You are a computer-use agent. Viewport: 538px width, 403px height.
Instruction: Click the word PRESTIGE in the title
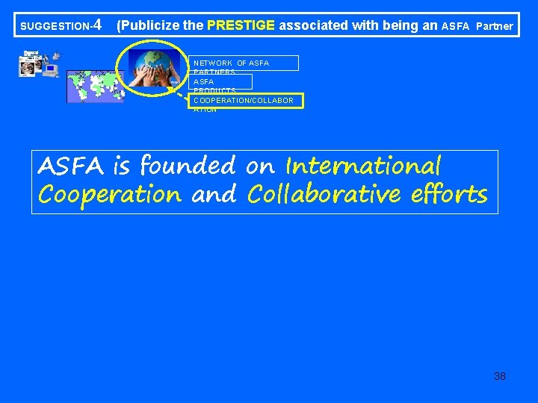[x=241, y=25]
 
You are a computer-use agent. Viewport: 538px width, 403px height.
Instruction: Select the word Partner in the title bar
[x=494, y=26]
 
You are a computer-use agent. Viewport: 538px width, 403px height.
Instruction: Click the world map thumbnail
[x=95, y=86]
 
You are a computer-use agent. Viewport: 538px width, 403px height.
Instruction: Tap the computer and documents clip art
[x=40, y=65]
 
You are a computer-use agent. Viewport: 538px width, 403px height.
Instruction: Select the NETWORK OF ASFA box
[x=243, y=63]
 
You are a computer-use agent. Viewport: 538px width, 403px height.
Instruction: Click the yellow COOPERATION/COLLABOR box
[x=246, y=100]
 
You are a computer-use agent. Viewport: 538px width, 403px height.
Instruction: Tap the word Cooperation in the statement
[x=109, y=195]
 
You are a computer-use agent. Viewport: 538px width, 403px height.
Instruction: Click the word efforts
[x=448, y=195]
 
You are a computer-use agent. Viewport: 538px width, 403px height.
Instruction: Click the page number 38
[x=500, y=376]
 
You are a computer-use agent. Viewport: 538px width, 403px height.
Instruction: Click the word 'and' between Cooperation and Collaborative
[x=214, y=195]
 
